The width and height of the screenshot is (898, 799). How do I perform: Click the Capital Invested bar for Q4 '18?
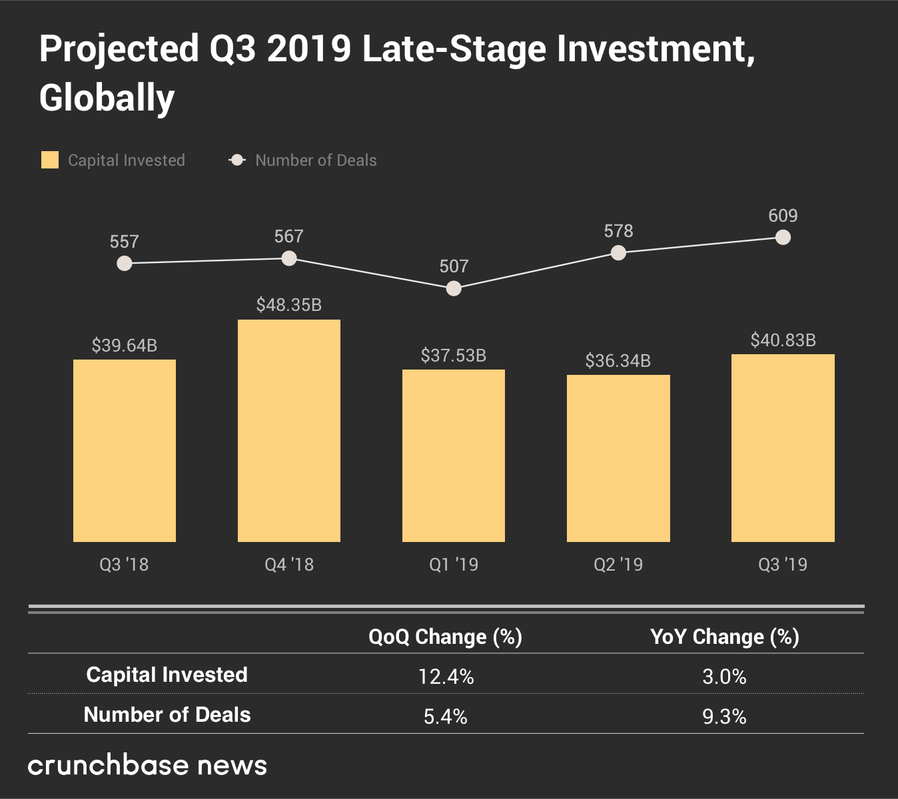point(289,430)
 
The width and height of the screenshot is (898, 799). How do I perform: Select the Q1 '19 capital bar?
point(454,455)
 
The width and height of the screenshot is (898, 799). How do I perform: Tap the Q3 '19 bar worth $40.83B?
point(783,447)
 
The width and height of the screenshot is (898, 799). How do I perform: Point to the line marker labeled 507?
point(454,288)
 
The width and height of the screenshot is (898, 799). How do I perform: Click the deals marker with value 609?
point(783,237)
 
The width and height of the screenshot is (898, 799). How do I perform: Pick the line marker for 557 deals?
point(124,264)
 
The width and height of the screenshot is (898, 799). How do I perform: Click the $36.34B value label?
point(618,361)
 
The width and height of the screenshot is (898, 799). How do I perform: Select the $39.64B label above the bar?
point(125,346)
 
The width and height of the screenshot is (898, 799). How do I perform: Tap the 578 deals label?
point(618,231)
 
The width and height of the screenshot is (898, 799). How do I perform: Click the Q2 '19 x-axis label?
point(618,565)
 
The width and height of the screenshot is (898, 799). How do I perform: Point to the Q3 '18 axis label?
point(124,565)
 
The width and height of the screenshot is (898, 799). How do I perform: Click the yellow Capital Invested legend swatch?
point(50,160)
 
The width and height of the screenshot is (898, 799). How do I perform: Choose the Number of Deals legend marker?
point(237,160)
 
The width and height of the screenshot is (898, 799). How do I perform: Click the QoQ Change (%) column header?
point(445,637)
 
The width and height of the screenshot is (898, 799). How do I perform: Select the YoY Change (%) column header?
point(724,637)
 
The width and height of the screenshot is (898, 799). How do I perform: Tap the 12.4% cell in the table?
point(446,677)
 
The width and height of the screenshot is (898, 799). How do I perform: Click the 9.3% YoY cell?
point(724,717)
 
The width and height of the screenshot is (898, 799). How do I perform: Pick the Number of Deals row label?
point(167,714)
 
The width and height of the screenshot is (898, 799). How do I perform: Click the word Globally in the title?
point(107,98)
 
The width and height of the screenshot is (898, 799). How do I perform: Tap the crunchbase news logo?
point(147,766)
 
